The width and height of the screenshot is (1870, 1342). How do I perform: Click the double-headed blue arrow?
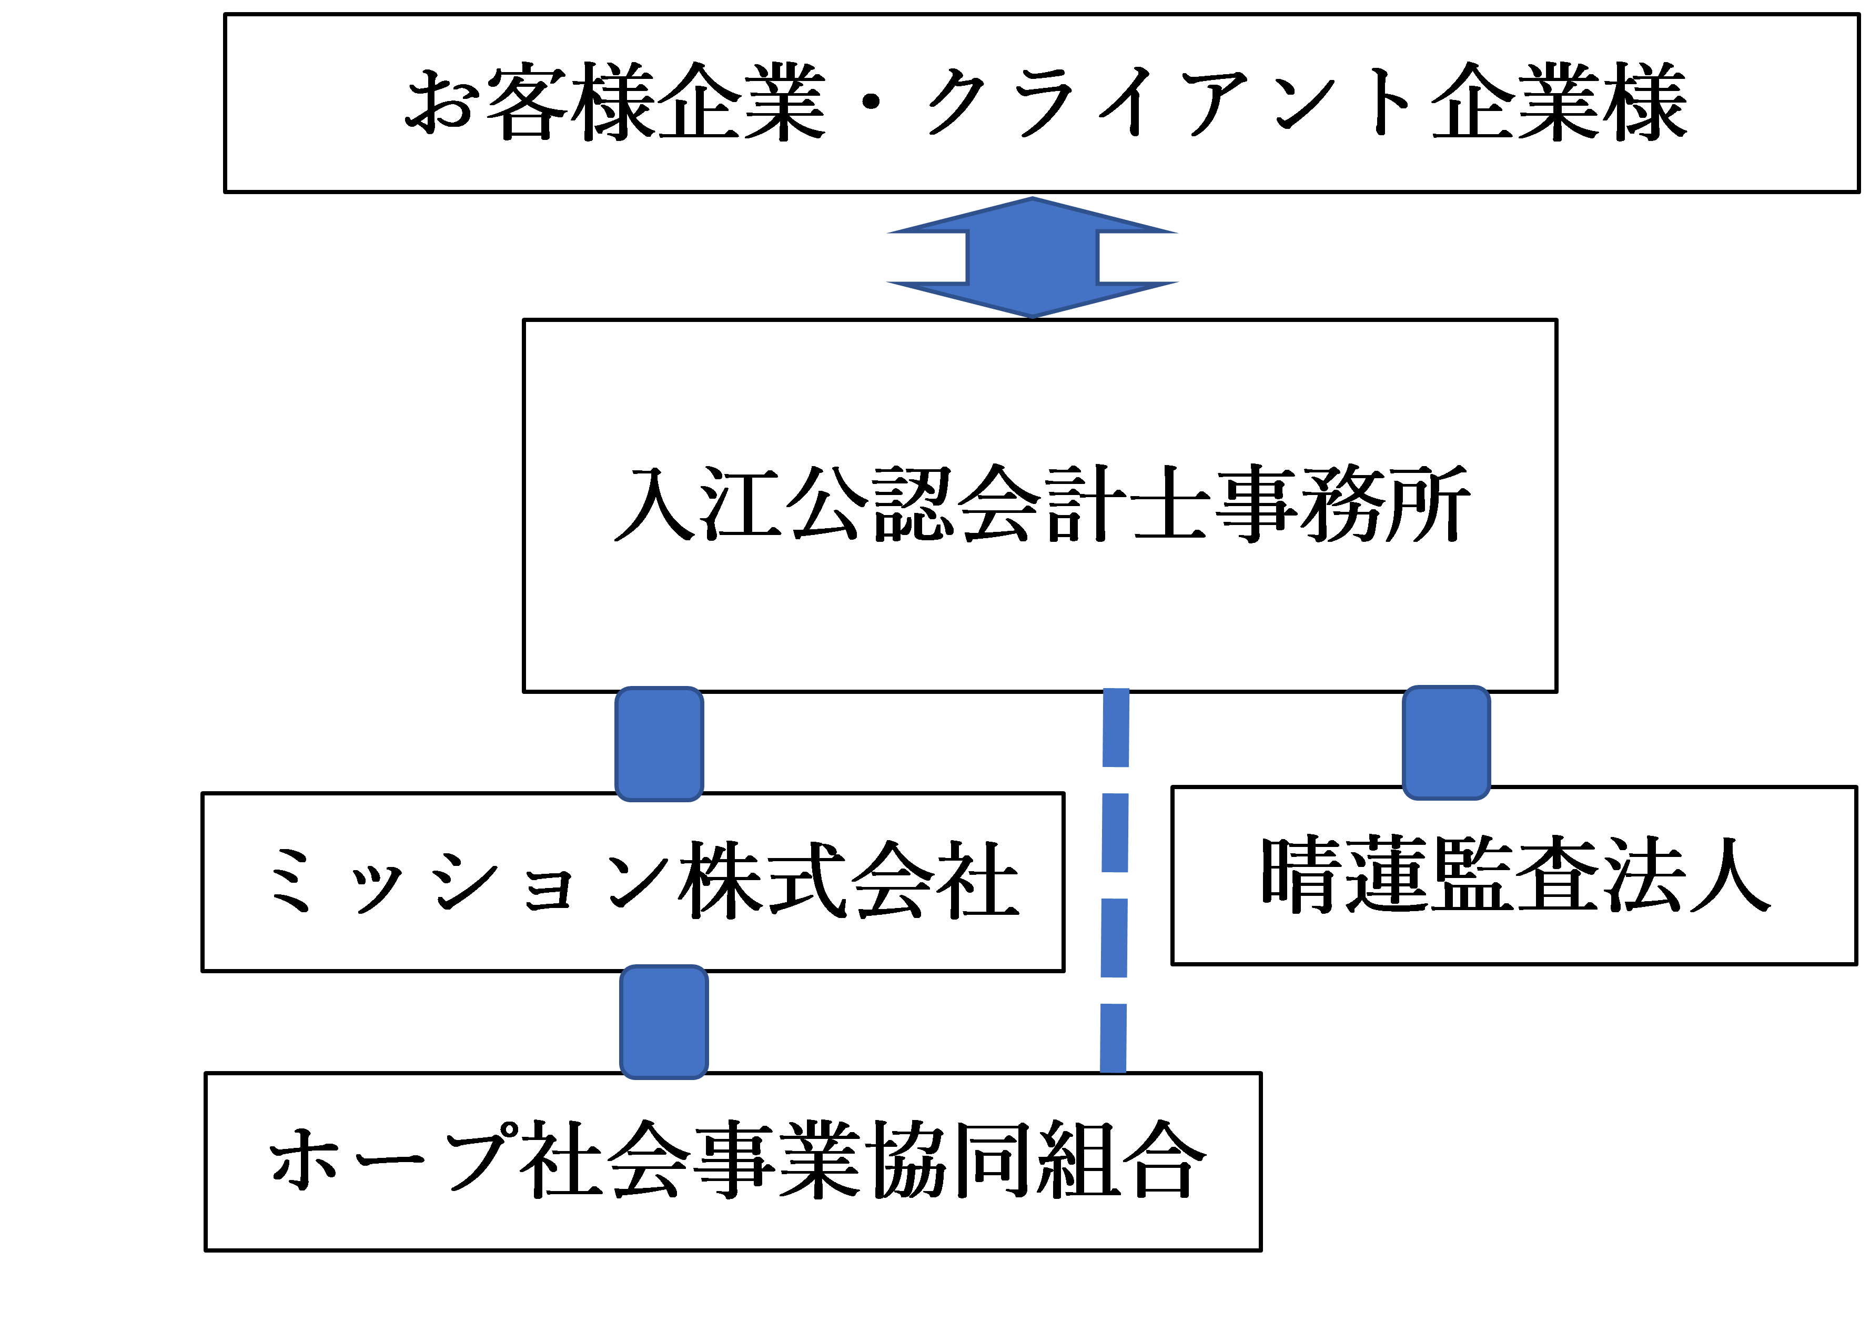point(1032,257)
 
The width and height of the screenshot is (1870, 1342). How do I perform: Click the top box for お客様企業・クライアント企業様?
point(1042,165)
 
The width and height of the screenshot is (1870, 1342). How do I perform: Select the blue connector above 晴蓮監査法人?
point(1446,742)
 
